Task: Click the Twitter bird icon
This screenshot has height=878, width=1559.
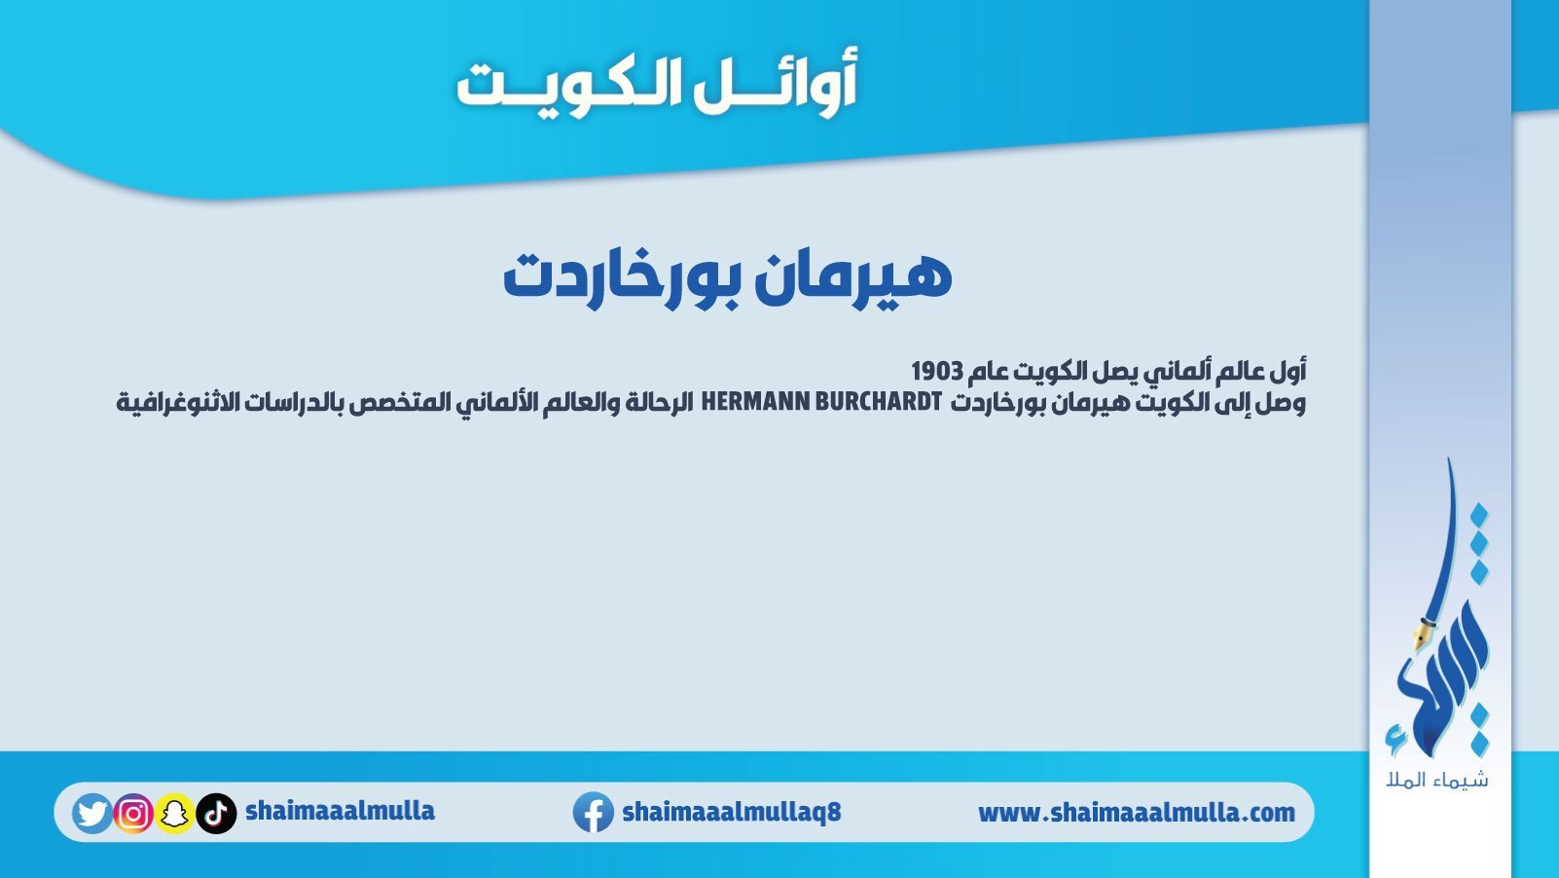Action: coord(91,813)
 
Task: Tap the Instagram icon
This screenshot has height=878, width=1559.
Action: coord(133,813)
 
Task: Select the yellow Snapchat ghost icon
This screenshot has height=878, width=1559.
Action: coord(174,813)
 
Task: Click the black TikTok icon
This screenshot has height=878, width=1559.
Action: coord(216,813)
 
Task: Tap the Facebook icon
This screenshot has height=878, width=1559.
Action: coord(593,812)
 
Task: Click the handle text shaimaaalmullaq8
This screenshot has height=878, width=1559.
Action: coord(732,812)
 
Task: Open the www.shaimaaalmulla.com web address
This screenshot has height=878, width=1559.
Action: coord(1137,813)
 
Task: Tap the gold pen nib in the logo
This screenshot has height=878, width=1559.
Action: coord(1419,638)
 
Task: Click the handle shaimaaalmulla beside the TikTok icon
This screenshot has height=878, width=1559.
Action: coord(341,811)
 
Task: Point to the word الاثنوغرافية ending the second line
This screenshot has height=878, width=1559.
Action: coord(179,403)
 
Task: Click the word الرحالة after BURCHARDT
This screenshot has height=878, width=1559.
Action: coord(659,402)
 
